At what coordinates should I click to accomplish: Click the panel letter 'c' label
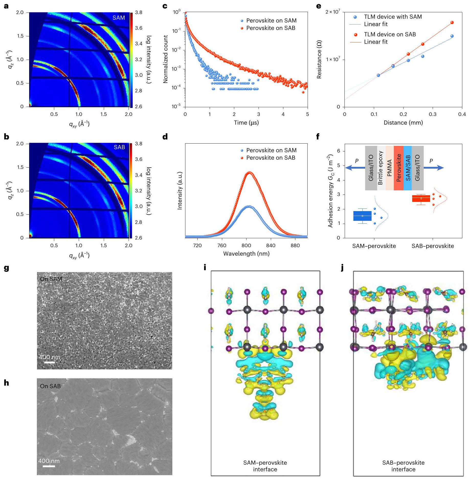pos(165,6)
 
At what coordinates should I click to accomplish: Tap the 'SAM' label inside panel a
pos(119,18)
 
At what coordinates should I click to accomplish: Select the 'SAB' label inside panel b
pos(119,147)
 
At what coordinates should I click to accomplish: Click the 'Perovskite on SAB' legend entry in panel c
pos(271,28)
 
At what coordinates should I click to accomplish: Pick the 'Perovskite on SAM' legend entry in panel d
pos(271,150)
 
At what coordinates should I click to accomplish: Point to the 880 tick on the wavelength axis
pos(295,246)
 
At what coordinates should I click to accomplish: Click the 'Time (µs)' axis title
pos(246,123)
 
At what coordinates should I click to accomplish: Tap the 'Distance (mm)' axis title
pos(403,123)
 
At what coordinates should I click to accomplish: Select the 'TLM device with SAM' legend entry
pos(393,17)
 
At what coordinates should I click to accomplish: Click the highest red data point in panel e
pos(452,23)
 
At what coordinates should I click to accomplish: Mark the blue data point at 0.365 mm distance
pos(452,36)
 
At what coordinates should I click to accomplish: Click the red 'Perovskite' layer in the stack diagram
pos(398,168)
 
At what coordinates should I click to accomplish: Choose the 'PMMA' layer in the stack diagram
pos(389,168)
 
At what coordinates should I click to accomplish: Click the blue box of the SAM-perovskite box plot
pos(362,216)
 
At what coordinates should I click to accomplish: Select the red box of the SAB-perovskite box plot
pos(421,199)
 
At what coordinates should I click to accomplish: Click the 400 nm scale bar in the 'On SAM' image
pos(49,362)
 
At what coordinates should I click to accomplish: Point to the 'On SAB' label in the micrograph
pos(50,386)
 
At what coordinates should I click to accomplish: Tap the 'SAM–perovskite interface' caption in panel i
pos(265,466)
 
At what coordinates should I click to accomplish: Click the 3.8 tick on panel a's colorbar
pos(139,13)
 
